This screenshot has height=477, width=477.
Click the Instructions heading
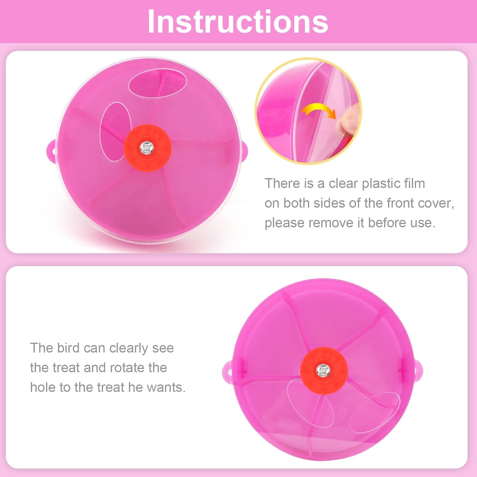(x=238, y=22)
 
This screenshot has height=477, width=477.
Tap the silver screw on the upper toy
(x=147, y=148)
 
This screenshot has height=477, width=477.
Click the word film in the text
(x=414, y=183)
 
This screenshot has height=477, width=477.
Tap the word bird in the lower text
(x=68, y=348)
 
